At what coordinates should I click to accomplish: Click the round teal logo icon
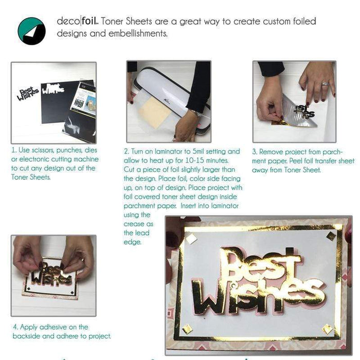click(31, 30)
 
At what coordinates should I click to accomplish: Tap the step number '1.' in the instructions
click(14, 151)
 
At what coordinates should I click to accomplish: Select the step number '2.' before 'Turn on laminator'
click(127, 152)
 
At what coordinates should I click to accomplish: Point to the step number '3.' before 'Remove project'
click(255, 152)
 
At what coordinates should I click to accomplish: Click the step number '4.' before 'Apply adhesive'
click(15, 327)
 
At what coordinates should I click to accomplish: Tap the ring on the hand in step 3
click(325, 83)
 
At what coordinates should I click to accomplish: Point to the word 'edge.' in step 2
click(132, 242)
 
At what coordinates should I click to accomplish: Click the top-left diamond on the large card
click(191, 238)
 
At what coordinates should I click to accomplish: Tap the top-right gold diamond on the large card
click(331, 236)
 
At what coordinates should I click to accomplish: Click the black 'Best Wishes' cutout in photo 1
click(30, 95)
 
